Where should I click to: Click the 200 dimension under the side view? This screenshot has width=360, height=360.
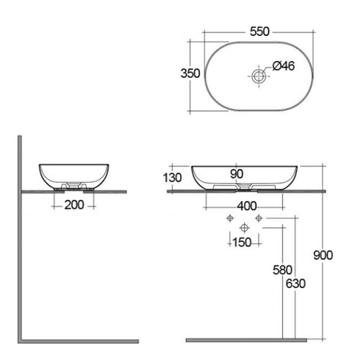pyautogui.click(x=75, y=205)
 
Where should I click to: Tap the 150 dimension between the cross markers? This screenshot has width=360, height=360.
pyautogui.click(x=242, y=242)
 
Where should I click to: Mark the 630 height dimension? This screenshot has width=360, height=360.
pyautogui.click(x=294, y=283)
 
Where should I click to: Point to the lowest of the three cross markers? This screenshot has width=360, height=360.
pyautogui.click(x=243, y=228)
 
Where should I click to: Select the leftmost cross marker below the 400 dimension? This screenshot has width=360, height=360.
pyautogui.click(x=228, y=217)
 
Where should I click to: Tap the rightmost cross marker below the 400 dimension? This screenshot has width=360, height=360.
pyautogui.click(x=256, y=217)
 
